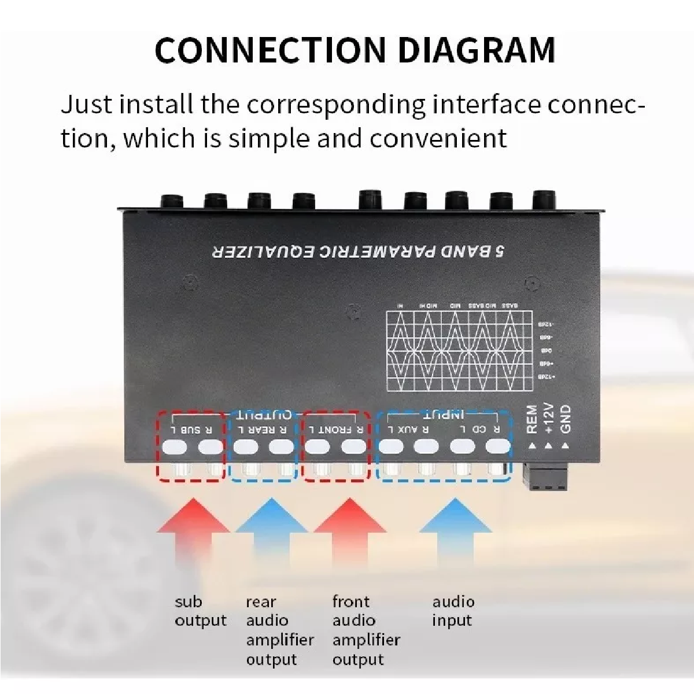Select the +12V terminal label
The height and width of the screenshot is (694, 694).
549,419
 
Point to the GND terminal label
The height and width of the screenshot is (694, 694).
566,419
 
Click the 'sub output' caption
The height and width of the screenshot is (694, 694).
200,611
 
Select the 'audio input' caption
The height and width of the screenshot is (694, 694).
453,611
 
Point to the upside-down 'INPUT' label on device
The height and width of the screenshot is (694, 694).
443,415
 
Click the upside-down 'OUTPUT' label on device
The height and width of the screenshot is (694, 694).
264,415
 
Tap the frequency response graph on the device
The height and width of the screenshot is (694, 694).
459,350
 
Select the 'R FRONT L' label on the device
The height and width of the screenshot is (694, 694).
336,430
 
